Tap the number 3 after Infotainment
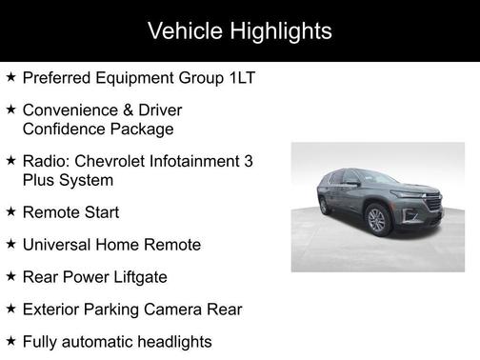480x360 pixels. [249, 161]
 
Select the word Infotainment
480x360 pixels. [197, 161]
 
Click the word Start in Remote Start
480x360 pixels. [100, 211]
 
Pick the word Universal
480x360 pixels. [60, 245]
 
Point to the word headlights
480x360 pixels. [171, 341]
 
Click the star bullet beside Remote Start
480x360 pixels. [10, 211]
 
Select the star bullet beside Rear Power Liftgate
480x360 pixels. [10, 277]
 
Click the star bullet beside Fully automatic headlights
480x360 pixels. [10, 341]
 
